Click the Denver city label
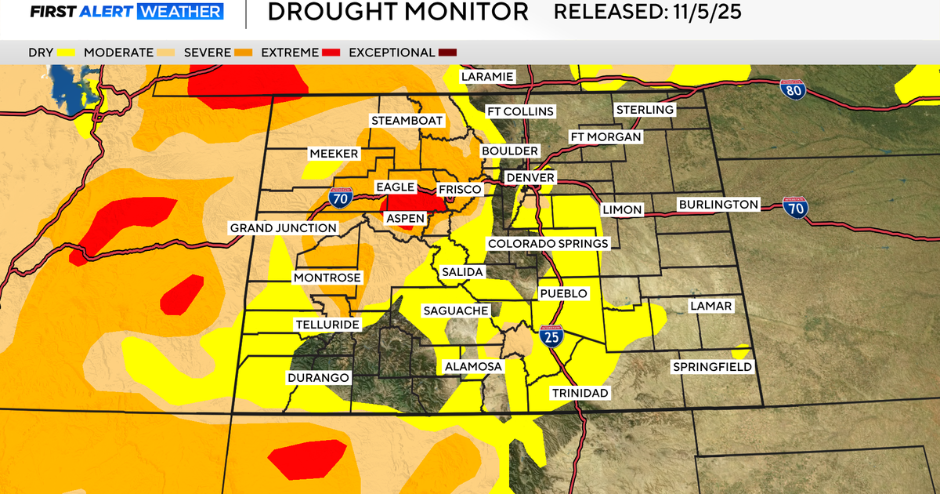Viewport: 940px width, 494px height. click(530, 178)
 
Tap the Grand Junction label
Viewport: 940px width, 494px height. click(283, 228)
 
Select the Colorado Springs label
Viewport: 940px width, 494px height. click(548, 244)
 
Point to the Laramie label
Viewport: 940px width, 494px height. click(486, 76)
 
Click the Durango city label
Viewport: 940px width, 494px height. click(317, 378)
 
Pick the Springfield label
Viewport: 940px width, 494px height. click(712, 367)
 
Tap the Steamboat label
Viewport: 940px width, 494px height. click(407, 121)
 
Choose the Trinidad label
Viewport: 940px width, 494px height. click(580, 393)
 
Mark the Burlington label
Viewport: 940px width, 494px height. click(718, 205)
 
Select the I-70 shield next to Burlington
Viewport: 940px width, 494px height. click(794, 208)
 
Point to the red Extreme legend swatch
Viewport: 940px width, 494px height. click(331, 53)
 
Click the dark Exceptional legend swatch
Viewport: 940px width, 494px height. click(447, 53)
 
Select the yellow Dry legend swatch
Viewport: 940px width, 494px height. click(66, 53)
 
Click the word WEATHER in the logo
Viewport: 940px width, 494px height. click(180, 13)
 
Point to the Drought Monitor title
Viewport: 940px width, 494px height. click(397, 13)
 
